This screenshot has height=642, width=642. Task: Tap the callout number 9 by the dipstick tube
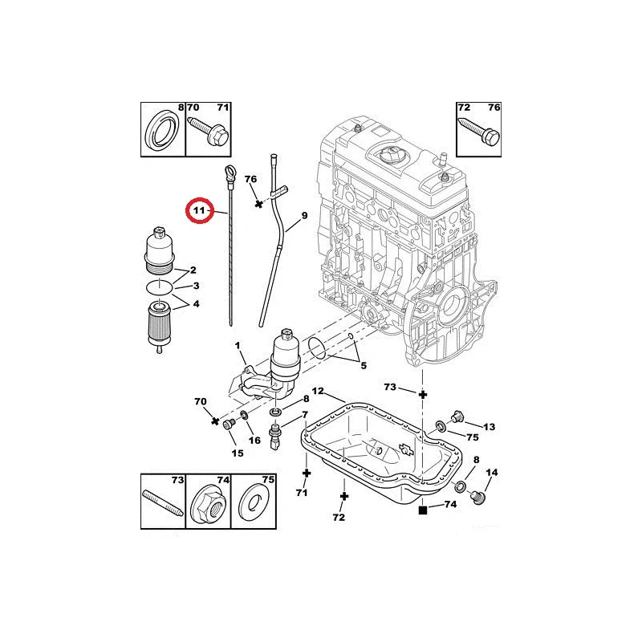coord(305,216)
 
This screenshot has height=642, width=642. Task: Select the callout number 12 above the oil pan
coord(318,392)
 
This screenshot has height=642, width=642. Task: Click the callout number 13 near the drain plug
coord(490,426)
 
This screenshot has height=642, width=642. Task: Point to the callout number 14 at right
coord(492,473)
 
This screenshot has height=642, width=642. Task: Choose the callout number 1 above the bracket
coord(238,346)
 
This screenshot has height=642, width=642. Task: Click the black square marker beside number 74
coord(424,507)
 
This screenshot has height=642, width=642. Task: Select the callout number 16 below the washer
coord(254,440)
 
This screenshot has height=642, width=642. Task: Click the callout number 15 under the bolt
coord(238,453)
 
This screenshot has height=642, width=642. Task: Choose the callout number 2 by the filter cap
coord(193,270)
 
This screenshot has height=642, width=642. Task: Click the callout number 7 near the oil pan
coord(305,414)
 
